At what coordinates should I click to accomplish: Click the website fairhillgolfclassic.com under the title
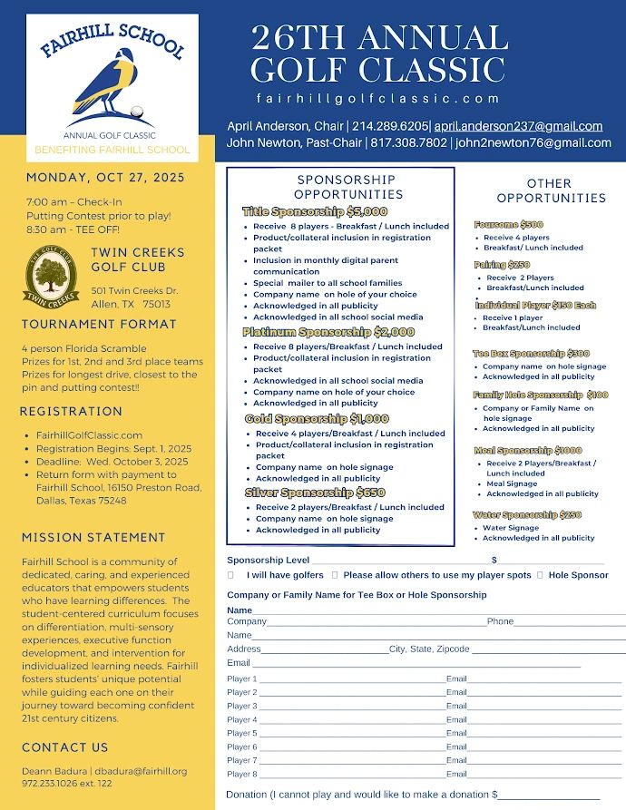point(378,98)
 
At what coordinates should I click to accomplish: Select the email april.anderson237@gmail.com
point(518,126)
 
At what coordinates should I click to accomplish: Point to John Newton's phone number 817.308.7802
point(408,142)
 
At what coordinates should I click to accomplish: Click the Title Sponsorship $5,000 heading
point(315,211)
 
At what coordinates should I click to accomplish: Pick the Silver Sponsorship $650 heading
point(308,493)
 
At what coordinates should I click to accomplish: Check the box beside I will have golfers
point(230,575)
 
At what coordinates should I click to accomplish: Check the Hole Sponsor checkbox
point(541,575)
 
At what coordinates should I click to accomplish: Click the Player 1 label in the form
point(242,678)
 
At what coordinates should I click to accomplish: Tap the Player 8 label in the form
point(242,774)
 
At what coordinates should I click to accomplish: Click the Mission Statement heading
point(93,538)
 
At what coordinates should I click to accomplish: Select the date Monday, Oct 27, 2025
point(105,177)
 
